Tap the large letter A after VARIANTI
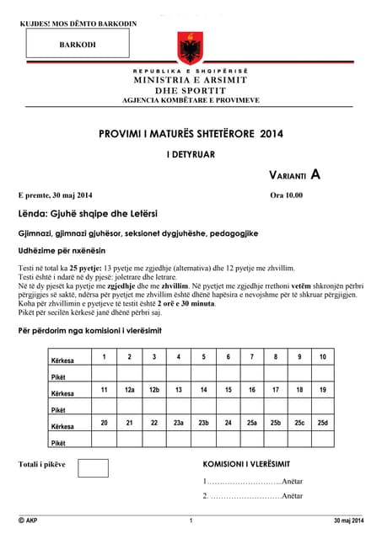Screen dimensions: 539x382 (x=315, y=174)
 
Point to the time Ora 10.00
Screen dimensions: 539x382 (x=285, y=195)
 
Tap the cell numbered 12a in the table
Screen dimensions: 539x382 (x=129, y=390)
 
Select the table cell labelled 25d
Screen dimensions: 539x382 (x=322, y=422)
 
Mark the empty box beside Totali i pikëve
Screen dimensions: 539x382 (x=93, y=467)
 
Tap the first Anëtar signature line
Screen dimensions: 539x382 (x=253, y=482)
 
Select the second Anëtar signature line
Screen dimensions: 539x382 (x=253, y=497)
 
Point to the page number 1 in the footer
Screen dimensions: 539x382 (x=191, y=521)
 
